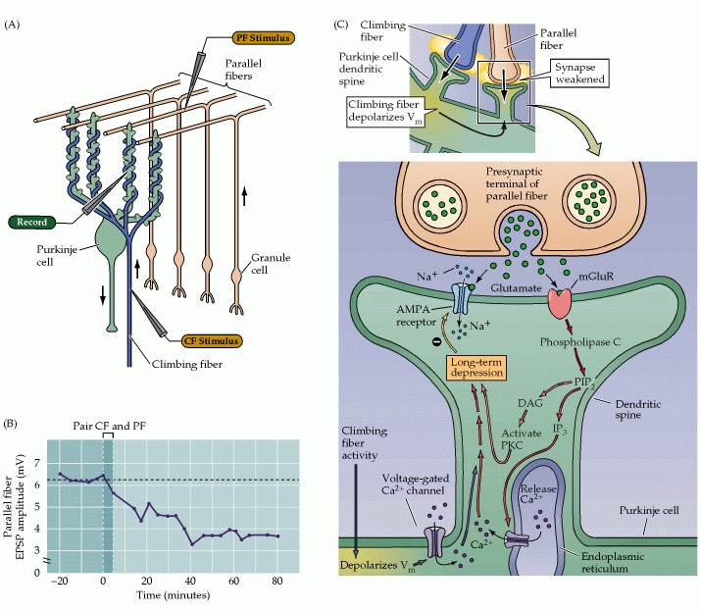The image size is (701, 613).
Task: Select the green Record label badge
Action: (x=33, y=222)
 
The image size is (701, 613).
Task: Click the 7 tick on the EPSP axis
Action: (x=38, y=461)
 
